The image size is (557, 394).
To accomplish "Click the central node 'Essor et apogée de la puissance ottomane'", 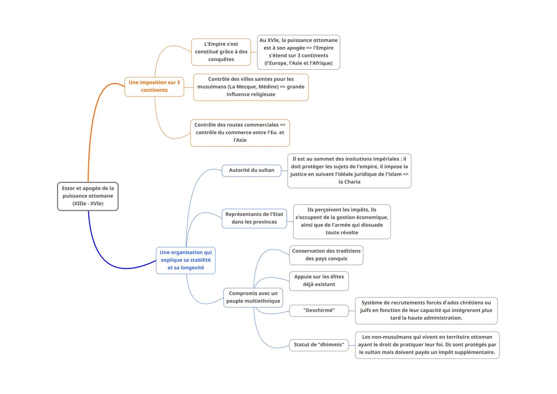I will pyautogui.click(x=88, y=196).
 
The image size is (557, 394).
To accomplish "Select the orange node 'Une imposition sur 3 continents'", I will pyautogui.click(x=154, y=86).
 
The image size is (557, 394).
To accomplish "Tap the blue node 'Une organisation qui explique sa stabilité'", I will pyautogui.click(x=186, y=260).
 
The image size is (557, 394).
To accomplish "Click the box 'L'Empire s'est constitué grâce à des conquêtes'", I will pyautogui.click(x=221, y=52).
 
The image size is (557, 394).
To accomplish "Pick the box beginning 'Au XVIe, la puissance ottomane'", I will pyautogui.click(x=298, y=52).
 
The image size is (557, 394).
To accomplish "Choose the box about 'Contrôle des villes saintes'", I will pyautogui.click(x=251, y=87).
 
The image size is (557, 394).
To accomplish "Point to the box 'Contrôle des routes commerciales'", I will pyautogui.click(x=240, y=132).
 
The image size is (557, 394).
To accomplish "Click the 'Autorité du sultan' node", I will pyautogui.click(x=252, y=170).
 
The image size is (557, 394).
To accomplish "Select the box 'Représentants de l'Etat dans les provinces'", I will pyautogui.click(x=254, y=218).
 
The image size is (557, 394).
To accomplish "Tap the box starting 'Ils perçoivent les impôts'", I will pyautogui.click(x=342, y=221).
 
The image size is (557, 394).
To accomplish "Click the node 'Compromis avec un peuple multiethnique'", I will pyautogui.click(x=253, y=297).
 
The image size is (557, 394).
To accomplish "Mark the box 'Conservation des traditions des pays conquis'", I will pyautogui.click(x=326, y=255).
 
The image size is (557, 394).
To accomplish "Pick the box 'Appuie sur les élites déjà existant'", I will pyautogui.click(x=319, y=281).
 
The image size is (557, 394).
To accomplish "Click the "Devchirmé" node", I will pyautogui.click(x=319, y=310).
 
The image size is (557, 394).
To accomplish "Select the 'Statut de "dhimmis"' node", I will pyautogui.click(x=319, y=345).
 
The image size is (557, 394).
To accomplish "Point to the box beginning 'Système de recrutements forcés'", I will pyautogui.click(x=426, y=310).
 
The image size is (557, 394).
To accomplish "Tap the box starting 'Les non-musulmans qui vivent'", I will pyautogui.click(x=427, y=345).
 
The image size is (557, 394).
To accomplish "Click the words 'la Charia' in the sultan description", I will pyautogui.click(x=349, y=182).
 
